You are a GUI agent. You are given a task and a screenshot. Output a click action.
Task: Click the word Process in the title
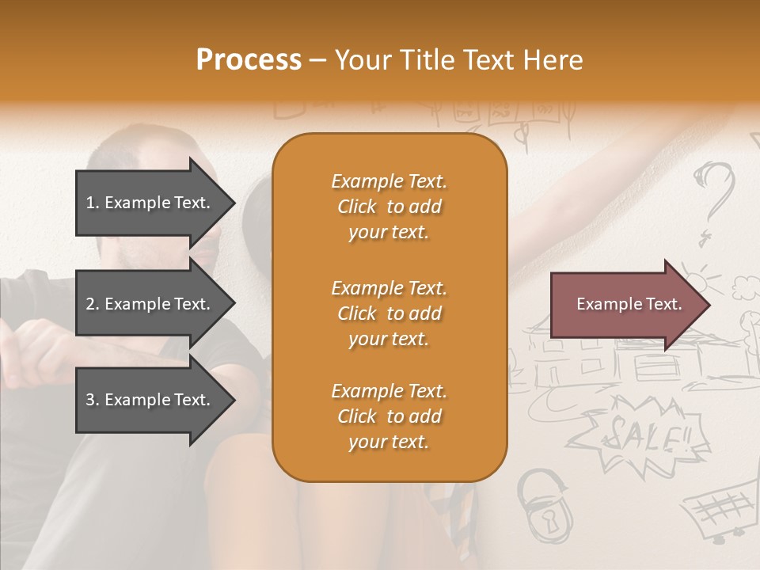click(249, 60)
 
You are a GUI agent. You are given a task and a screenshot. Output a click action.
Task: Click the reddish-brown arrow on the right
click(629, 305)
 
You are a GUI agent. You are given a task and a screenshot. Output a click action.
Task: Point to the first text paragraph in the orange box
click(389, 207)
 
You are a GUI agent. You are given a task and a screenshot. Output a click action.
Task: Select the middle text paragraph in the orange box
click(389, 313)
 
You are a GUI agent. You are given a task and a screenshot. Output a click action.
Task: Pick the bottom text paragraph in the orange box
click(389, 416)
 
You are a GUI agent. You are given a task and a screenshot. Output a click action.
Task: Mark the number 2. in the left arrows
click(93, 304)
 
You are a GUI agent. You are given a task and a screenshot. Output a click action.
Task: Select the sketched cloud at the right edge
click(746, 285)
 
